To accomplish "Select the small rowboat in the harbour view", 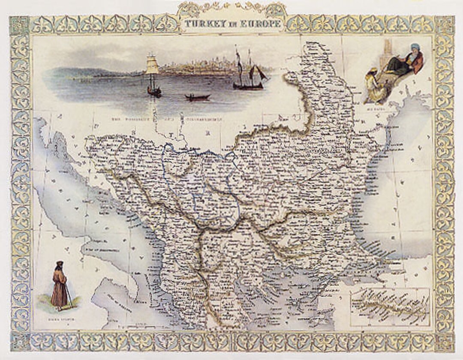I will tap(198, 97).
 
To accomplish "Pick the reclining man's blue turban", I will tap(415, 47).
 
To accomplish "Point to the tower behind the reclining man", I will tap(388, 51).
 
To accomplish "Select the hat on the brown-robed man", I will tap(59, 263).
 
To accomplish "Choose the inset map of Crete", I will tap(389, 307).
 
